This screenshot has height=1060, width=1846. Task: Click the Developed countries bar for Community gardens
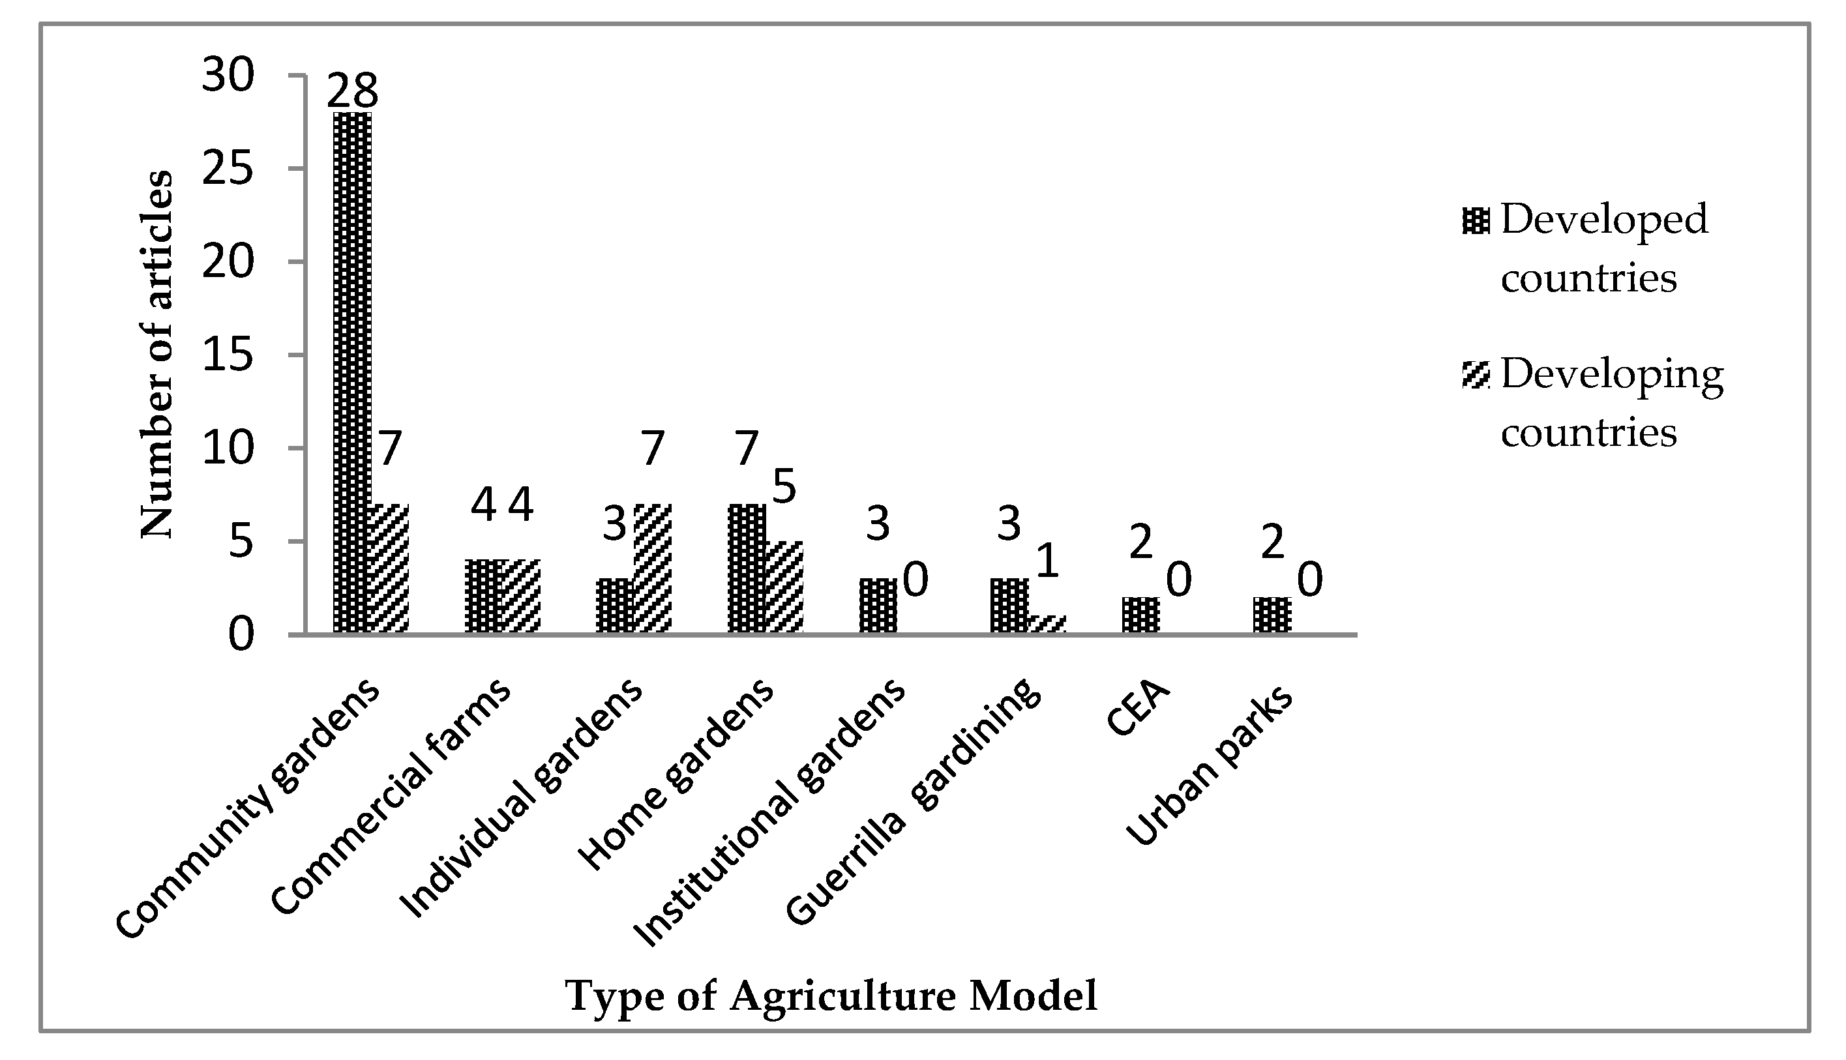click(x=353, y=373)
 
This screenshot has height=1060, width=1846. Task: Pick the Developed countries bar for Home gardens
click(x=747, y=568)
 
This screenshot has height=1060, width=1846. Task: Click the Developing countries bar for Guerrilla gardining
click(x=1048, y=625)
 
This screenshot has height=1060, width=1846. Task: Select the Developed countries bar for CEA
click(x=1141, y=616)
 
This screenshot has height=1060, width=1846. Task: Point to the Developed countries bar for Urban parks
click(x=1272, y=616)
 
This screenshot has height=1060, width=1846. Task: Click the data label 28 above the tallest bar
click(x=353, y=92)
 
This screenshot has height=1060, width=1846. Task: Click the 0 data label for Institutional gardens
click(x=916, y=580)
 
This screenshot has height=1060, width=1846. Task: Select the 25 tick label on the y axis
click(x=228, y=169)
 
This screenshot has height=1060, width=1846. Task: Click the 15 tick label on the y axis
click(x=228, y=355)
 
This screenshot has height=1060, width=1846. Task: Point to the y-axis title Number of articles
click(x=157, y=355)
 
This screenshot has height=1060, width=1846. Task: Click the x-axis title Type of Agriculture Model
click(x=831, y=996)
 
